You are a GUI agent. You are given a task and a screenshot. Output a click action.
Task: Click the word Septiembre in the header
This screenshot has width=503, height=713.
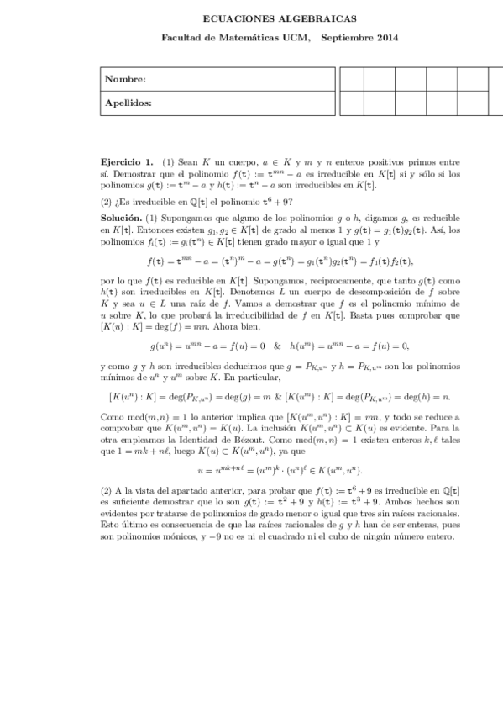346,37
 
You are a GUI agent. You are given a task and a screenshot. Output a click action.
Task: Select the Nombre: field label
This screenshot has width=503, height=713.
125,79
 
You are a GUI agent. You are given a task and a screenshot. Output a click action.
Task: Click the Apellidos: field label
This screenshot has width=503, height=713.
128,103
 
